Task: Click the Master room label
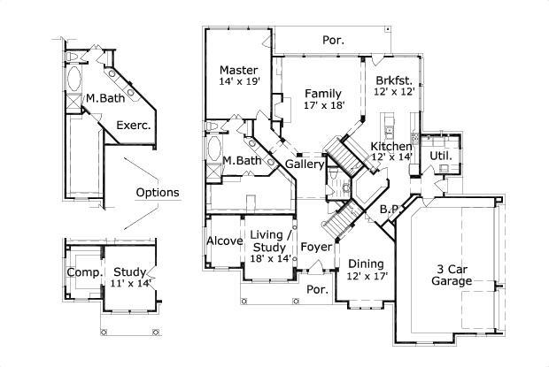point(239,70)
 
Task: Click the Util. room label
point(440,156)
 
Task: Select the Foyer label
point(314,247)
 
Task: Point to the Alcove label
point(224,241)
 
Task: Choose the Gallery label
point(303,164)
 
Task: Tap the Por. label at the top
point(333,40)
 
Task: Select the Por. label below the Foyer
point(316,289)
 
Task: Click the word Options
point(158,192)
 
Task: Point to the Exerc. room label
point(134,126)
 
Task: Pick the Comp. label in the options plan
point(84,272)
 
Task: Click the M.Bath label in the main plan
point(241,161)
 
